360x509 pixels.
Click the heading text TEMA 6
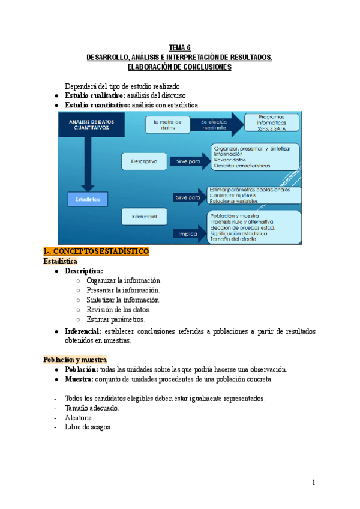[x=179, y=47]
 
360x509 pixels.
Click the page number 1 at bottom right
[x=313, y=482]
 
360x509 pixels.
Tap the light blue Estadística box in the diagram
[x=88, y=197]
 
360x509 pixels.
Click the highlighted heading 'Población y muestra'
[x=74, y=359]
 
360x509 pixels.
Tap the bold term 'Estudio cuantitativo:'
[x=97, y=105]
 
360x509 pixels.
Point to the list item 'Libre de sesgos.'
[x=88, y=427]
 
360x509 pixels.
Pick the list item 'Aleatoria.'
[x=80, y=418]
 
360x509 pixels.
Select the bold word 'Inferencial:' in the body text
[x=83, y=331]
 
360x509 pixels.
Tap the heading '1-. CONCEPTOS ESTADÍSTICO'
[x=96, y=251]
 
